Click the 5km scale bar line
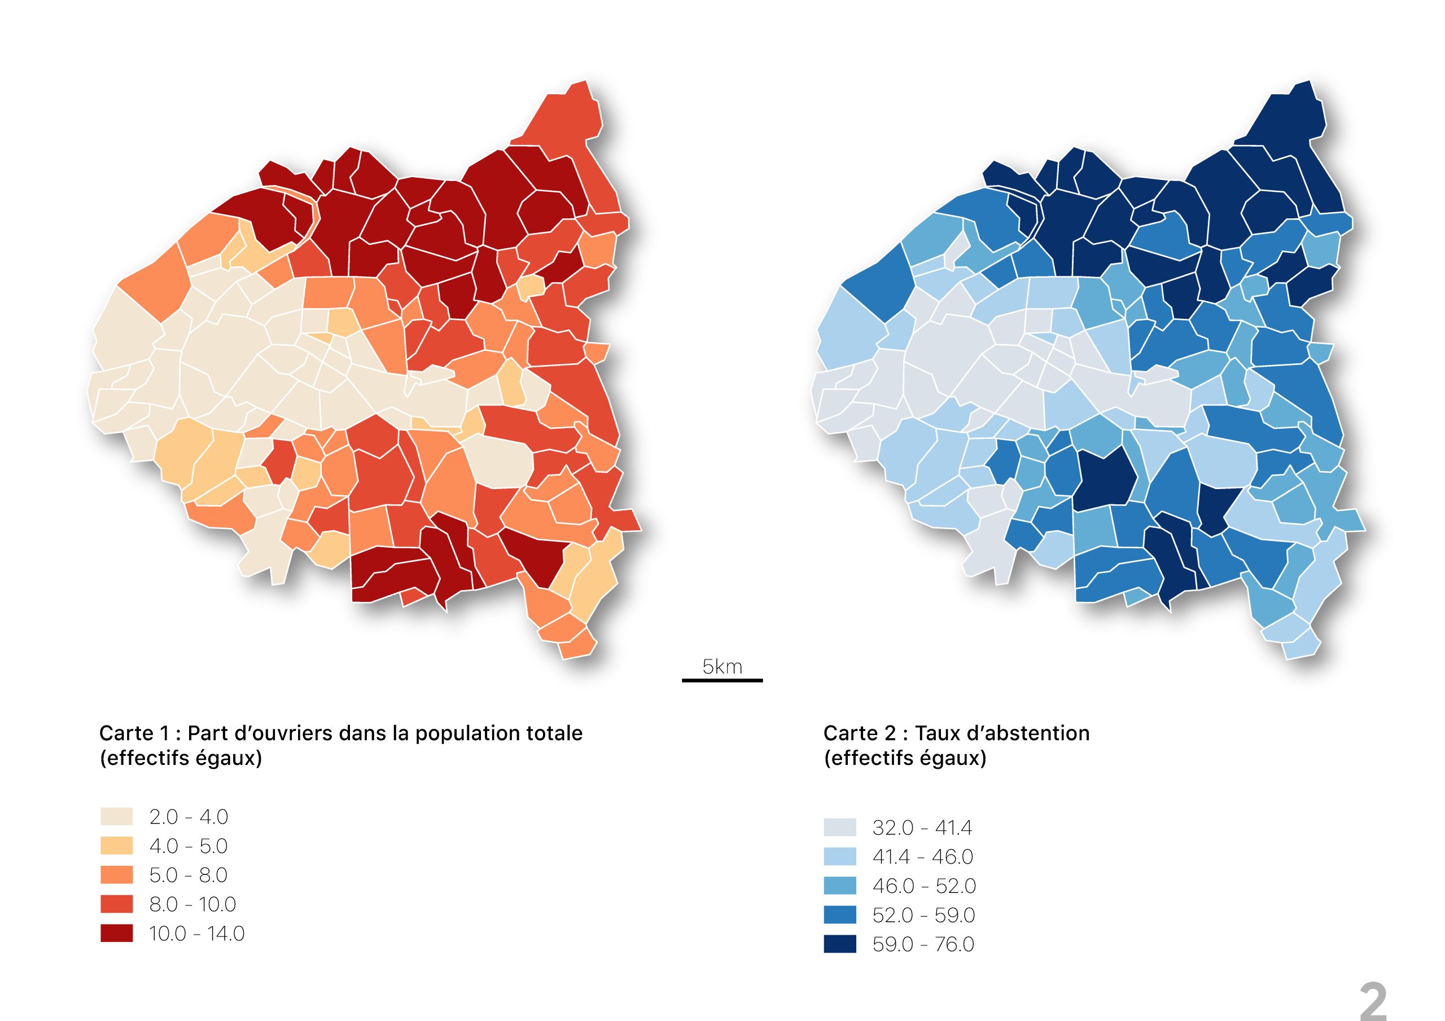(722, 680)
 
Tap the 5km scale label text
(722, 666)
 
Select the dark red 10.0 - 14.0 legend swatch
(116, 934)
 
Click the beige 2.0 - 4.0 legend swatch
(116, 817)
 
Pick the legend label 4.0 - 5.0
(188, 846)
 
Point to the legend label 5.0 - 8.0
(188, 875)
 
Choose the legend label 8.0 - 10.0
(192, 905)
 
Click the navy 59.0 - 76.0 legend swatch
(839, 944)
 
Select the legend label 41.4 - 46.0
(923, 857)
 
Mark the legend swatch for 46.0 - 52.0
(839, 886)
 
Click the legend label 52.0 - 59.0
(923, 916)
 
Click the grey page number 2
(1373, 1001)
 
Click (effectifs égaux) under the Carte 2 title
(904, 759)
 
